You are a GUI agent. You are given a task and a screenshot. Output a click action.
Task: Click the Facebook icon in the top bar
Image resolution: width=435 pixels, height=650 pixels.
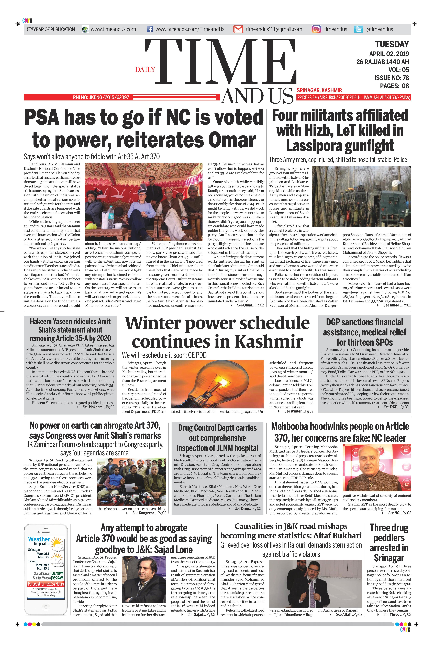(x=150, y=29)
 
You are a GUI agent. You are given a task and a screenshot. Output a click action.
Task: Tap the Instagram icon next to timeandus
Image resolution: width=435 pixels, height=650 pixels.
(x=316, y=29)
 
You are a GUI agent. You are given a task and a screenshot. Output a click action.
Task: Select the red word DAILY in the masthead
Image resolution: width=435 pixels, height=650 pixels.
(x=145, y=69)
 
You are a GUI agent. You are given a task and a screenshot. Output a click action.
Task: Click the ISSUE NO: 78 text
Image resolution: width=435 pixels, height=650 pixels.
(x=391, y=78)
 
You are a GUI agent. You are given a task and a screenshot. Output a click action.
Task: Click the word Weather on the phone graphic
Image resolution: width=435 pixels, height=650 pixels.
(x=39, y=539)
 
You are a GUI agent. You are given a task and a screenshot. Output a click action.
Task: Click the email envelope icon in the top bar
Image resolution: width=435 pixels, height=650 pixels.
(x=238, y=29)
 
